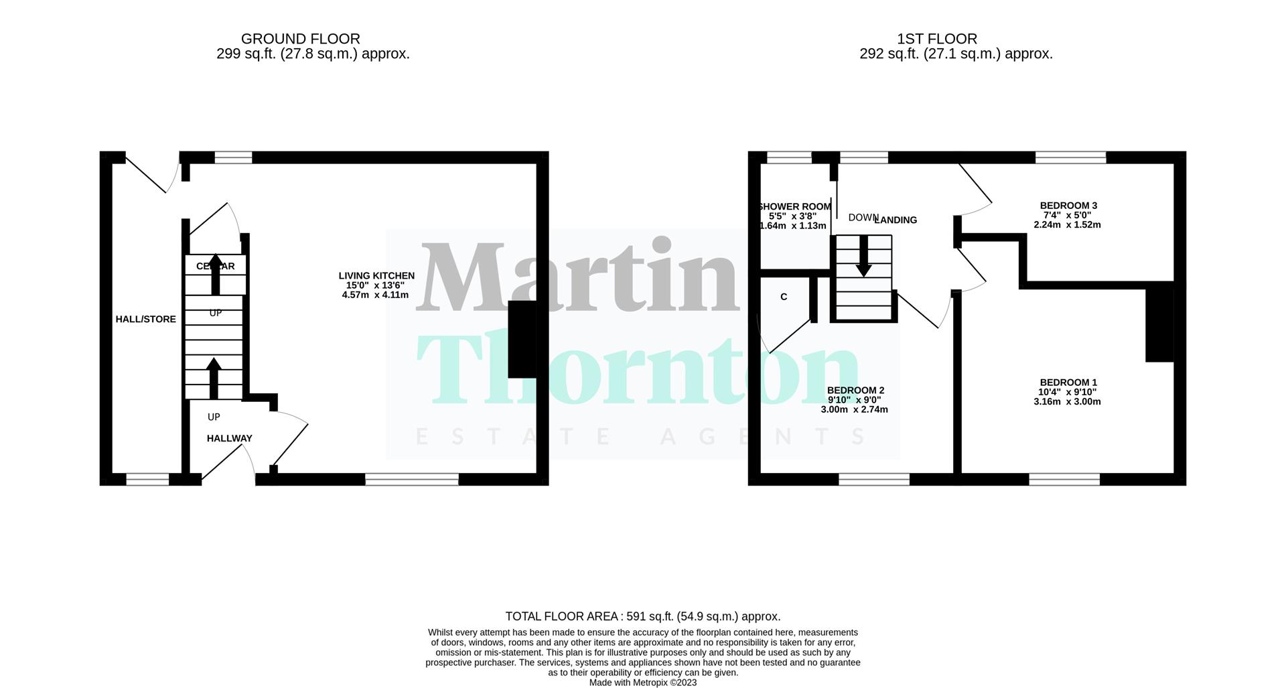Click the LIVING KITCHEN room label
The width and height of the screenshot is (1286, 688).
(x=376, y=275)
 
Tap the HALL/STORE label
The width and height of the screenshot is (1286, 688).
(x=146, y=320)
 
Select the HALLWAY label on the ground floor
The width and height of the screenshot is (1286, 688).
(x=229, y=438)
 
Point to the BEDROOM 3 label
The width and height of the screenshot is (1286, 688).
(x=1068, y=206)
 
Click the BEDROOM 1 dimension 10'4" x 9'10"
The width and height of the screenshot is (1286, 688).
(x=1067, y=392)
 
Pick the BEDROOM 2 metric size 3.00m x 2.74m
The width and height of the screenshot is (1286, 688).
(x=854, y=409)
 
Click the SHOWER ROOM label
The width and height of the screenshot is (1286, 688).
(x=794, y=207)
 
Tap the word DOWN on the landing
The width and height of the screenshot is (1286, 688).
(x=863, y=218)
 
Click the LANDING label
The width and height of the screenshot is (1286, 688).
(x=896, y=220)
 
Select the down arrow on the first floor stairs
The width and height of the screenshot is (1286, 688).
(x=863, y=258)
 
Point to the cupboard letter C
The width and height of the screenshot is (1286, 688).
(x=784, y=297)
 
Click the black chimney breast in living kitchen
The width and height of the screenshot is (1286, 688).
(x=522, y=340)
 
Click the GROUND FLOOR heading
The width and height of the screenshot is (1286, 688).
(x=300, y=39)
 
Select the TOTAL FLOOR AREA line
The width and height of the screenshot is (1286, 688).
(x=642, y=616)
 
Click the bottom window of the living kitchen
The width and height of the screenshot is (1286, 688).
(x=411, y=479)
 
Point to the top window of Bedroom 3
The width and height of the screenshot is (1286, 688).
(x=1070, y=157)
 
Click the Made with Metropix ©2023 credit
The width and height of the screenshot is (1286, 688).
(x=642, y=683)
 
